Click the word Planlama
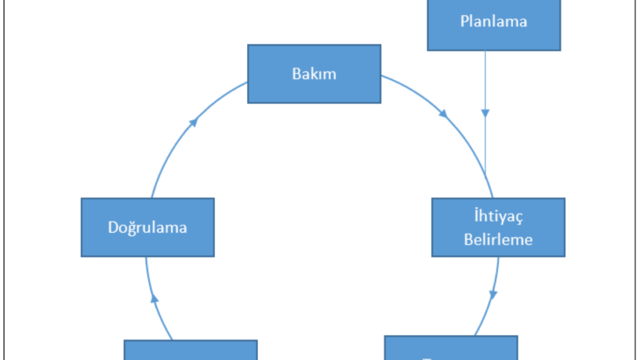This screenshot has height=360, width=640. tap(494, 21)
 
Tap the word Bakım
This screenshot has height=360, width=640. tap(314, 74)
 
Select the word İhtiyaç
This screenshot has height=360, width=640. tap(498, 217)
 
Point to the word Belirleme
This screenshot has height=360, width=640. tap(498, 239)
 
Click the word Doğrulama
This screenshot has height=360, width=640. tap(147, 227)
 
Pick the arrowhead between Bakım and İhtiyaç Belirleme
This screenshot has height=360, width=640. tap(443, 114)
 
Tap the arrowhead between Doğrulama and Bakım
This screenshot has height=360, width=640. tap(194, 121)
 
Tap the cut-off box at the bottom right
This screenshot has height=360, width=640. tap(451, 348)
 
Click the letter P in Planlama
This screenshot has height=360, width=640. tap(464, 21)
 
